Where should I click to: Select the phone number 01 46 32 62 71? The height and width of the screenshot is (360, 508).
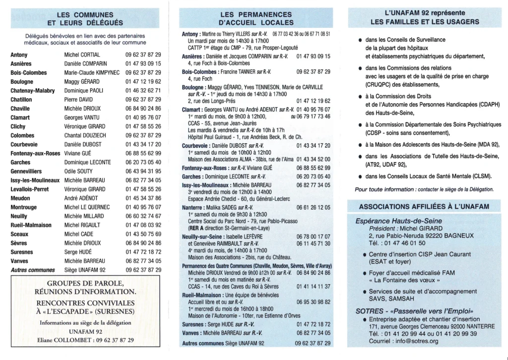click(x=143, y=91)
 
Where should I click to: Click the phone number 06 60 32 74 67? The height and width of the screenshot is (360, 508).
click(x=143, y=216)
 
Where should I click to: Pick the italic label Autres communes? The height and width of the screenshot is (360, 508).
click(x=33, y=270)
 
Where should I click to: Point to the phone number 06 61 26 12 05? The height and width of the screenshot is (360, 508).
click(x=313, y=207)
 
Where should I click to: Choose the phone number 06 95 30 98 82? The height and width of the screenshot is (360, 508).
click(x=313, y=301)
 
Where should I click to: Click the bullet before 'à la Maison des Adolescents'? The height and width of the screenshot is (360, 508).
click(x=360, y=146)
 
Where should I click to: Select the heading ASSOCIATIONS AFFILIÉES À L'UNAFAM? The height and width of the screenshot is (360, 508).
click(x=424, y=206)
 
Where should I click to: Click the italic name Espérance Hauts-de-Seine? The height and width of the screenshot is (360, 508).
click(x=399, y=221)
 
